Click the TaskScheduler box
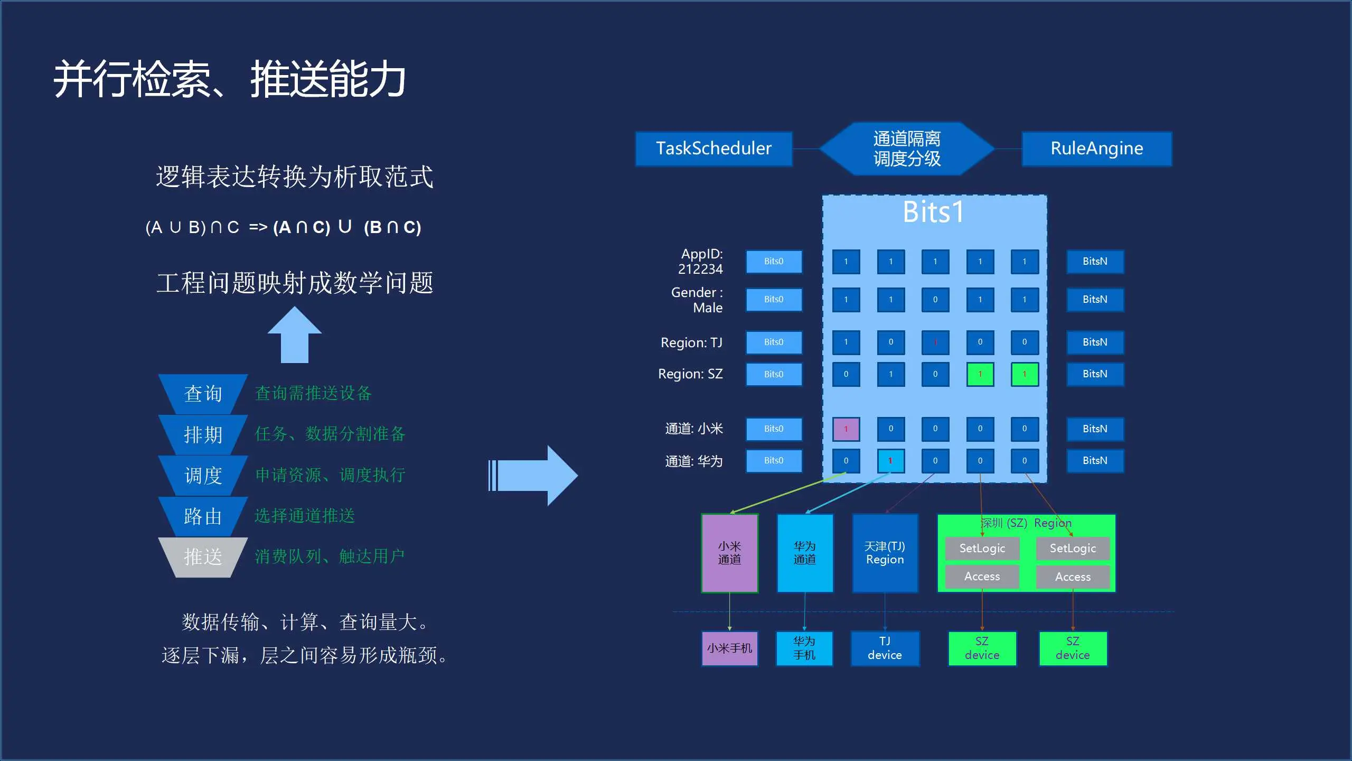pyautogui.click(x=713, y=149)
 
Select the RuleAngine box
pyautogui.click(x=1096, y=149)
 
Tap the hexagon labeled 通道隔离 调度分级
pyautogui.click(x=907, y=149)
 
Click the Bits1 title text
pyautogui.click(x=933, y=212)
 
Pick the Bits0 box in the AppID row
pyautogui.click(x=774, y=262)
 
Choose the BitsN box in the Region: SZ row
pyautogui.click(x=1095, y=374)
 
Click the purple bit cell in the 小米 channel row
pyautogui.click(x=846, y=429)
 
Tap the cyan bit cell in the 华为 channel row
pyautogui.click(x=890, y=461)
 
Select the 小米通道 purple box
pyautogui.click(x=729, y=553)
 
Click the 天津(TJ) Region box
pyautogui.click(x=885, y=553)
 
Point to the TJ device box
pyautogui.click(x=885, y=648)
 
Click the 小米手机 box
pyautogui.click(x=729, y=648)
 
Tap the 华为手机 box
pyautogui.click(x=804, y=648)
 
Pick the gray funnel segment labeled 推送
pyautogui.click(x=203, y=557)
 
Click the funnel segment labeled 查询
pyautogui.click(x=203, y=394)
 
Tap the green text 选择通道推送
pyautogui.click(x=305, y=516)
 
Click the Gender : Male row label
pyautogui.click(x=697, y=300)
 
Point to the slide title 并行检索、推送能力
pyautogui.click(x=229, y=79)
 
